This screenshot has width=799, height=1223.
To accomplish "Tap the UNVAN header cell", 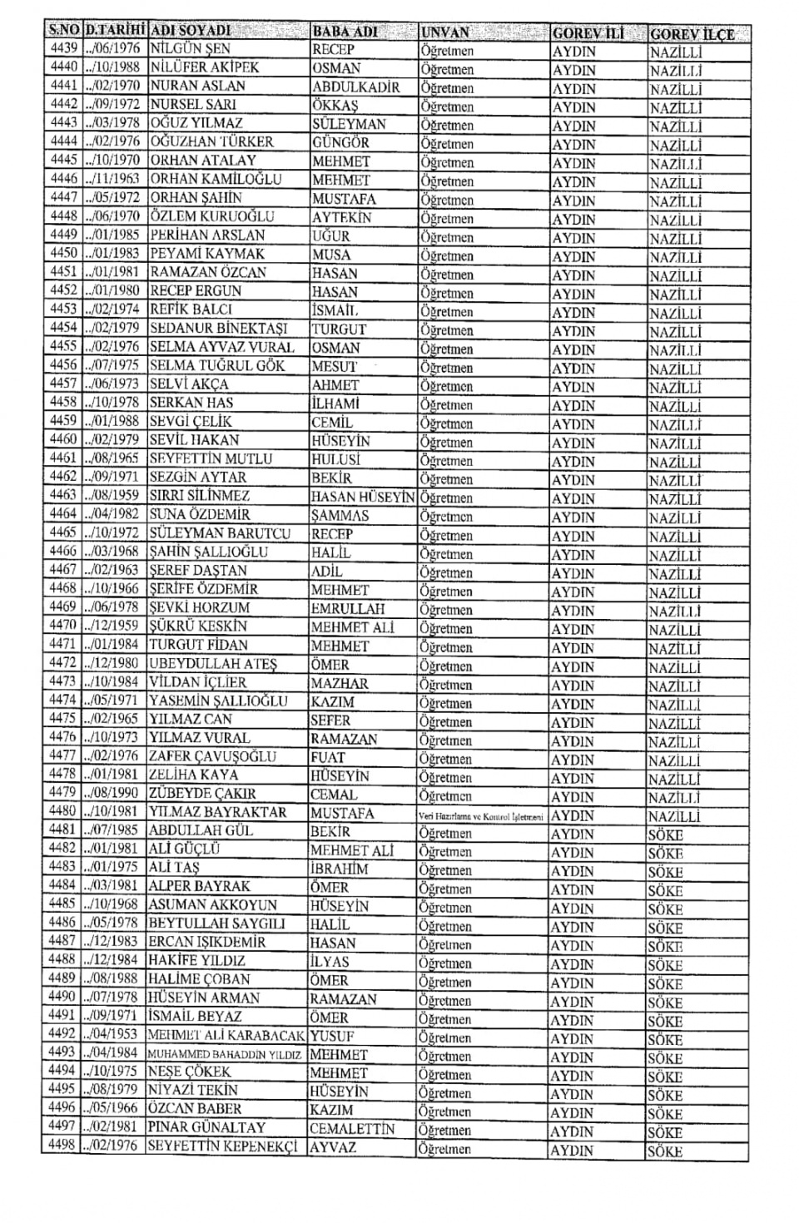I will click(445, 32).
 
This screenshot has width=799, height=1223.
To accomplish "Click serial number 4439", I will click(63, 48).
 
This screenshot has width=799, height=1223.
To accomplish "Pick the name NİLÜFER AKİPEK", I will click(204, 67).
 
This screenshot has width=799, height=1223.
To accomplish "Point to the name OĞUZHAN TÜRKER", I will click(211, 141).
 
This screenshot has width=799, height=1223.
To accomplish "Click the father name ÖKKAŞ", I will click(335, 105).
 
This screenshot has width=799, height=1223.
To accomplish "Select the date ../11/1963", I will click(112, 179).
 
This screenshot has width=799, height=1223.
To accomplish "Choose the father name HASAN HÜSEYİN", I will click(363, 497).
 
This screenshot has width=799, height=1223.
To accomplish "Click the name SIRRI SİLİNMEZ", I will click(199, 496).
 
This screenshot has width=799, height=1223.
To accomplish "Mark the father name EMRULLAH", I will click(348, 608).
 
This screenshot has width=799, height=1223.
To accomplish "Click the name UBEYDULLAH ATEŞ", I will click(213, 664).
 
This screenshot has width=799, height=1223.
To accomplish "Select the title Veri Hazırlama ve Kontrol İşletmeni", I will click(481, 816).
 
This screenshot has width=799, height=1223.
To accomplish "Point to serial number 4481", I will click(62, 830).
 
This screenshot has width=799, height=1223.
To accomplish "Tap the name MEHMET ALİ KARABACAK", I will click(226, 1036).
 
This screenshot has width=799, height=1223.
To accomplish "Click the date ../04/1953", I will click(111, 1035).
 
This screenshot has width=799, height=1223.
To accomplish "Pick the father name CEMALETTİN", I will click(352, 1129).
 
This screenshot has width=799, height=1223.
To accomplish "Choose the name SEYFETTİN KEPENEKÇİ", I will click(222, 1146).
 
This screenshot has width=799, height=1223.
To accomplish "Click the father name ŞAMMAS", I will click(340, 515).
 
